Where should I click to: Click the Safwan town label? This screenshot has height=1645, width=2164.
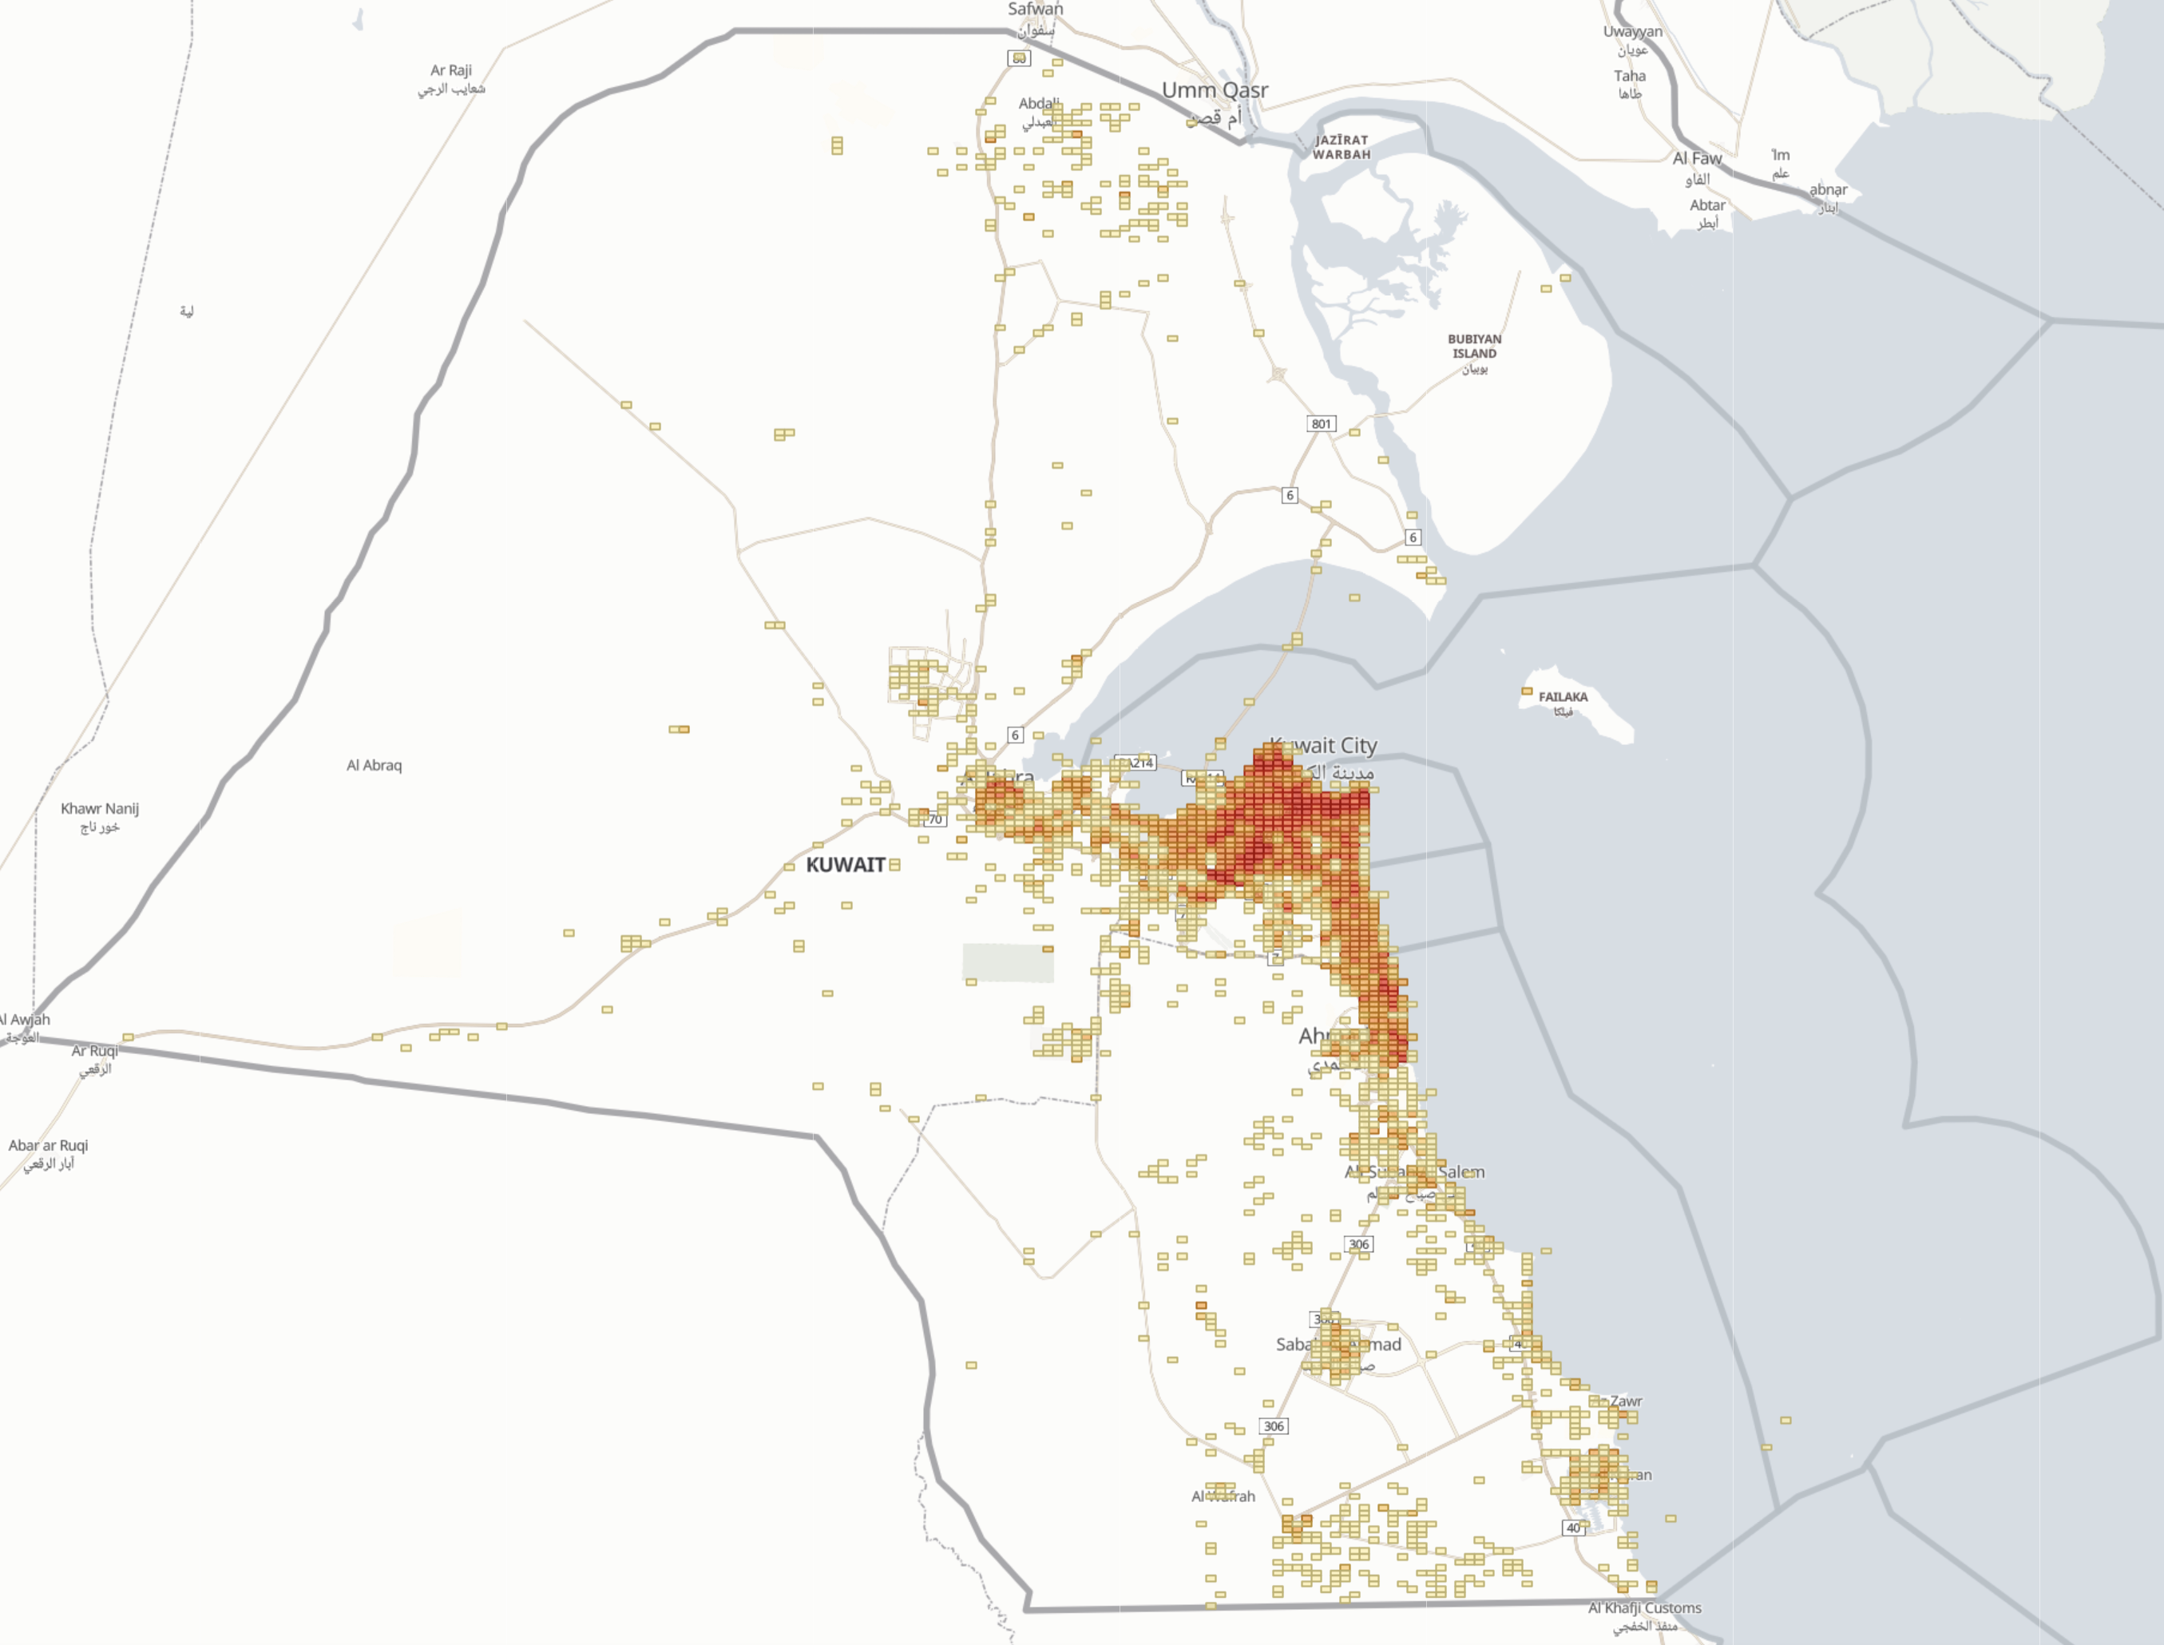(1035, 9)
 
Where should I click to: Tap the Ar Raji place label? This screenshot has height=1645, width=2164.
(450, 70)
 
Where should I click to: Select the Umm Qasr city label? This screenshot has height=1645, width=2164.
(1215, 90)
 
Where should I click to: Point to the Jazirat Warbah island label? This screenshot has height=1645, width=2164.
(1341, 147)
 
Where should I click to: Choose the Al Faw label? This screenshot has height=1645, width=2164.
(1696, 159)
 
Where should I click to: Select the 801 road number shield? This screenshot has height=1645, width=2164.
(1321, 424)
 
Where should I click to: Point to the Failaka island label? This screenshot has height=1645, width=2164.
(1563, 697)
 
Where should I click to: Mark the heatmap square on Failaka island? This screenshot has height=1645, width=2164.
(1527, 692)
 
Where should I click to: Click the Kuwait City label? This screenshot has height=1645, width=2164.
(1324, 746)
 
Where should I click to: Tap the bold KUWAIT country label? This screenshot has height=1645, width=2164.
(845, 865)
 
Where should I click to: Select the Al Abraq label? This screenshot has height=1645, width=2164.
(374, 766)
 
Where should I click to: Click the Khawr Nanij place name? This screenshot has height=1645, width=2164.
(100, 809)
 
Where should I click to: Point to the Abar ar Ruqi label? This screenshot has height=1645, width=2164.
(48, 1146)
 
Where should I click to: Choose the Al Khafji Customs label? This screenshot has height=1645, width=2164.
(1644, 1607)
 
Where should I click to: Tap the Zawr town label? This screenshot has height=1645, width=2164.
(1626, 1401)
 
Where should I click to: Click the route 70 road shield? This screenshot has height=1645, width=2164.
(935, 819)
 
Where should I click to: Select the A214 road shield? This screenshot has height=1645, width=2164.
(1139, 763)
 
